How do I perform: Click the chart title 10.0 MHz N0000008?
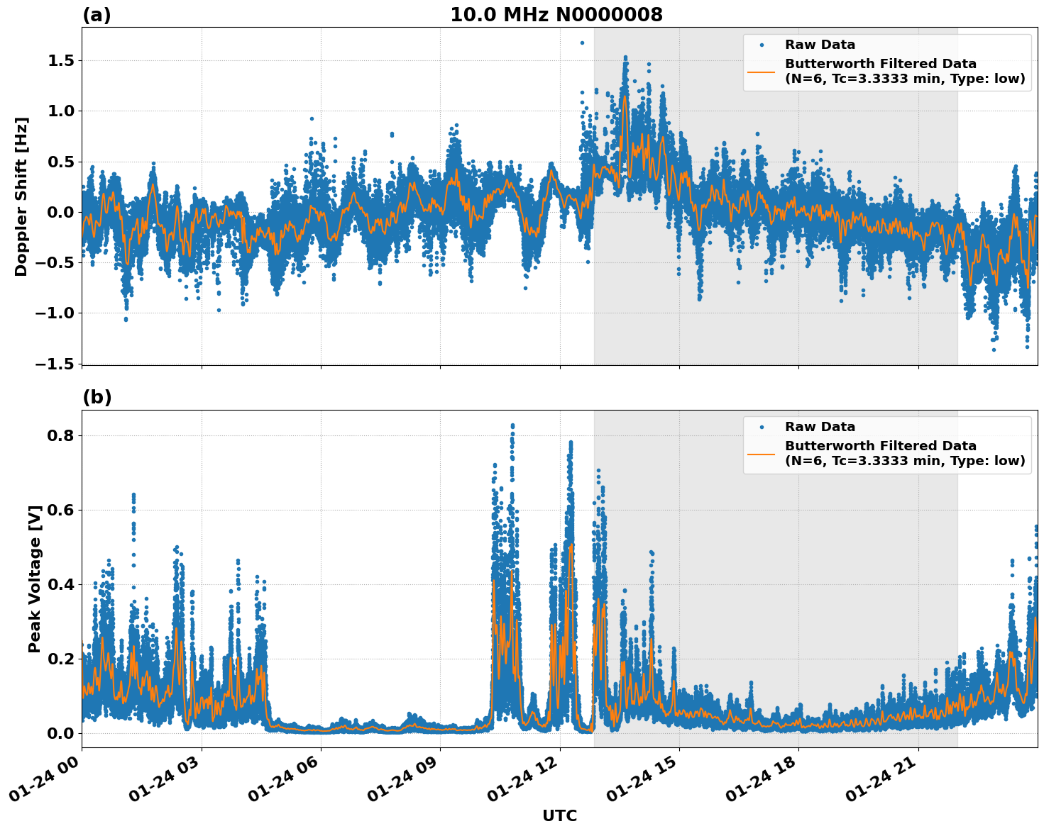tap(556, 15)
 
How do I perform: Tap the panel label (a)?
tap(97, 15)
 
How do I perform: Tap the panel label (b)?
tap(97, 397)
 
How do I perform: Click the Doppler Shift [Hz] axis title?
tap(21, 196)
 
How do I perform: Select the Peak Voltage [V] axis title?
tap(35, 579)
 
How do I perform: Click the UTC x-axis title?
tap(559, 815)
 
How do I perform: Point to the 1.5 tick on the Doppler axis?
tap(61, 61)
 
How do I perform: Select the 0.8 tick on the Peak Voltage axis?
tap(61, 435)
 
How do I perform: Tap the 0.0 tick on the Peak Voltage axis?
tap(61, 733)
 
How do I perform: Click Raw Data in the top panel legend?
tap(820, 45)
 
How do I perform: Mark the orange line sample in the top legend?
tap(761, 71)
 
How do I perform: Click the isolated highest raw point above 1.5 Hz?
tap(582, 43)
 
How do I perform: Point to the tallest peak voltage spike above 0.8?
tap(512, 425)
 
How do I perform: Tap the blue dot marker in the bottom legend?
tap(761, 427)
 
